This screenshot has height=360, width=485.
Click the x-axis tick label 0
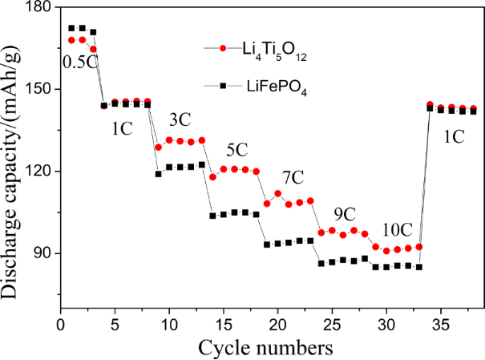coord(61,326)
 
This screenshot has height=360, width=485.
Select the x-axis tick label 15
coord(224,326)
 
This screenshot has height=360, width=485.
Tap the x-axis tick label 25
coord(332,326)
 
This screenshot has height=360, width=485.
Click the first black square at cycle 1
coord(71,28)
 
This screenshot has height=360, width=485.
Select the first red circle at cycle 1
coord(71,40)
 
